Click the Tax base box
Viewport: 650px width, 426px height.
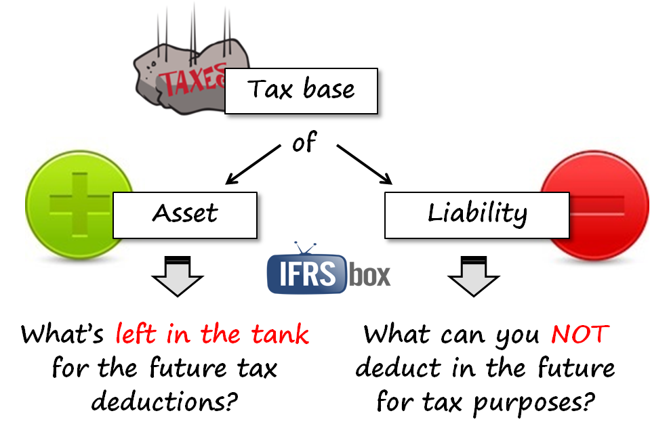pyautogui.click(x=300, y=90)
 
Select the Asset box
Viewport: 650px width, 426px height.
pyautogui.click(x=184, y=214)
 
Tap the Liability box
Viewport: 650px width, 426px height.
pyautogui.click(x=476, y=214)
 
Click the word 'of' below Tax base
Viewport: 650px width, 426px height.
pyautogui.click(x=304, y=144)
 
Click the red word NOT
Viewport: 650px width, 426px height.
pyautogui.click(x=580, y=334)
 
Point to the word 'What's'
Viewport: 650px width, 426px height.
pyautogui.click(x=62, y=334)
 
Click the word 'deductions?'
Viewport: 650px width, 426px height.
pyautogui.click(x=164, y=402)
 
